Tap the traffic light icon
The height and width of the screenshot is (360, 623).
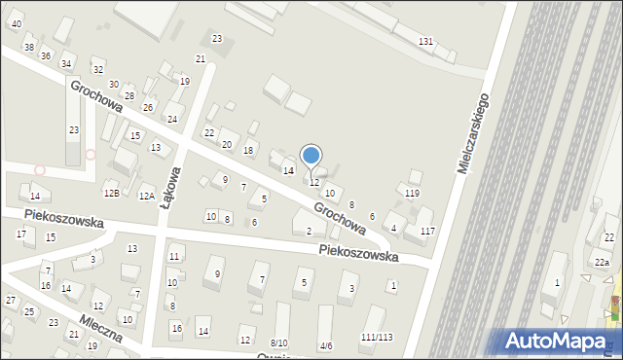[613, 310]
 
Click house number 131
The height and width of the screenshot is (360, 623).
[425, 41]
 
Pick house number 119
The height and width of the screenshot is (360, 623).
[412, 194]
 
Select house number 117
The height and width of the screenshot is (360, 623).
[427, 231]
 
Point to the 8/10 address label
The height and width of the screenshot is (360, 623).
[279, 343]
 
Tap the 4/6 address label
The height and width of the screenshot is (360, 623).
[326, 345]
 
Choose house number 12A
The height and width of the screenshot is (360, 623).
[146, 196]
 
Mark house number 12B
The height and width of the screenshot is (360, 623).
[111, 195]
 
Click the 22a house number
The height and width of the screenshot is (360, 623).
[603, 263]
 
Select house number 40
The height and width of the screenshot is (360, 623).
[16, 23]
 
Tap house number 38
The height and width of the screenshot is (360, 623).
[28, 48]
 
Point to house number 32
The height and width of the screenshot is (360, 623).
[97, 69]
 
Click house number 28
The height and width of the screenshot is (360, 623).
[128, 95]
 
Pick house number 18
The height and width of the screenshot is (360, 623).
[248, 150]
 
